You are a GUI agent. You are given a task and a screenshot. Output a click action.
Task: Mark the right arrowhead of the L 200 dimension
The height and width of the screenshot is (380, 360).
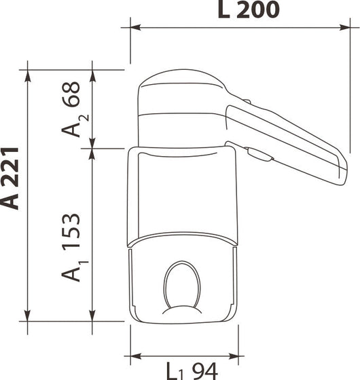(x=355, y=28)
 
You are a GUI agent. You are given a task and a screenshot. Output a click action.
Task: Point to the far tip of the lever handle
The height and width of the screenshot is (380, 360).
(x=344, y=170)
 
